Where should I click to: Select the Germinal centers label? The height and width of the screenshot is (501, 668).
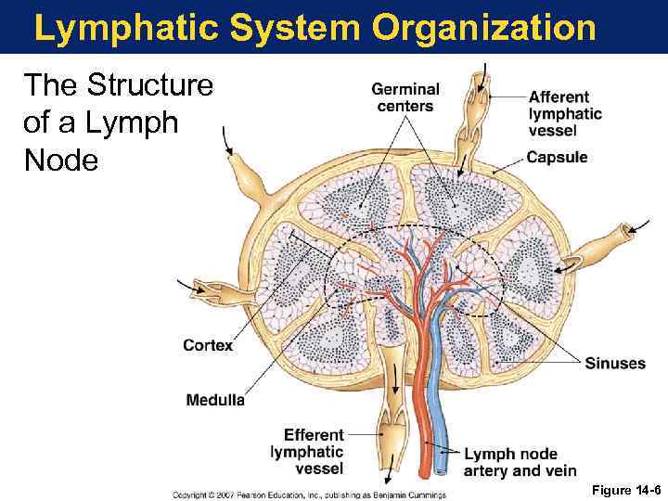pos(405,97)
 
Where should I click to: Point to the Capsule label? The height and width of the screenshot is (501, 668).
pos(557,158)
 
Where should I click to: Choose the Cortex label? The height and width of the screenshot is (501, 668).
pos(208,345)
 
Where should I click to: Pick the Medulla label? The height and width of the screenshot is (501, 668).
pos(215,401)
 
